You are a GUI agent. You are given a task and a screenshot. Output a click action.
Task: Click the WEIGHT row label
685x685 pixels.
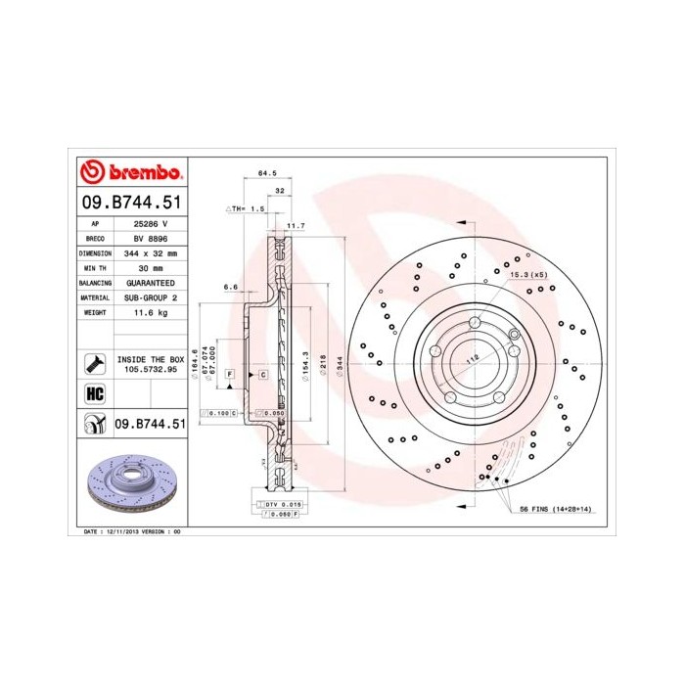tap(95, 311)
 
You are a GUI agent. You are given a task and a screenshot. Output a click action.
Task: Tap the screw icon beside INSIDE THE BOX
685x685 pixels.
tap(95, 364)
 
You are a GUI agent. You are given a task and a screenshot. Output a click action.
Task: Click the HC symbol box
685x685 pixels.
tap(95, 393)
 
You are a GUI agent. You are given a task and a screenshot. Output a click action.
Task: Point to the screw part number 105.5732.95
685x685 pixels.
tap(150, 371)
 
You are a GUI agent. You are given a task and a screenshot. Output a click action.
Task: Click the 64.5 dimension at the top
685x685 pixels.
tap(264, 173)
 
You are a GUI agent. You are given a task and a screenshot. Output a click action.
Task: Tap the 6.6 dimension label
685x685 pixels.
tap(231, 287)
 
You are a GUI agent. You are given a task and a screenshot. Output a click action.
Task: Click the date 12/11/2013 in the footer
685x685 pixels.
tap(116, 530)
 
